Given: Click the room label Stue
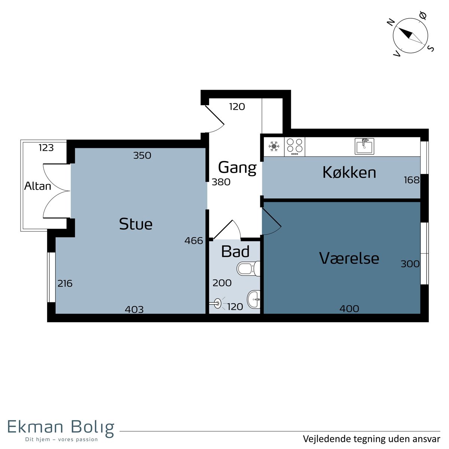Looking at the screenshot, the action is click(x=135, y=224).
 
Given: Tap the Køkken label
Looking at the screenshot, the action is click(x=349, y=172).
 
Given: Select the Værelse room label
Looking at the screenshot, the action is click(x=349, y=258).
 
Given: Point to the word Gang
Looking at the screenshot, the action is click(x=237, y=168).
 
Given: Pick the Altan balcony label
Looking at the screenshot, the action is click(x=37, y=186).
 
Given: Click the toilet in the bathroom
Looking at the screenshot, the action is click(x=248, y=268).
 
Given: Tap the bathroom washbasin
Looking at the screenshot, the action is click(x=254, y=299).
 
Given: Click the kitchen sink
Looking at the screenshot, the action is click(x=364, y=146).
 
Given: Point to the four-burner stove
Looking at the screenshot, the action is click(x=294, y=147).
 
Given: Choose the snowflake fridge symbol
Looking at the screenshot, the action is click(x=274, y=146).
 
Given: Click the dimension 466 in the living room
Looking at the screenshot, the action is click(x=193, y=241).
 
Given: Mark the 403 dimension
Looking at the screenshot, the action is click(x=134, y=309).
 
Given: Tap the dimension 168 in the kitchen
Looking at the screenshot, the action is click(x=412, y=180).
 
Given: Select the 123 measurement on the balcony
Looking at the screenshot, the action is click(x=46, y=147).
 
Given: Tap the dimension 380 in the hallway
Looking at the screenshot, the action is click(x=221, y=182).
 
